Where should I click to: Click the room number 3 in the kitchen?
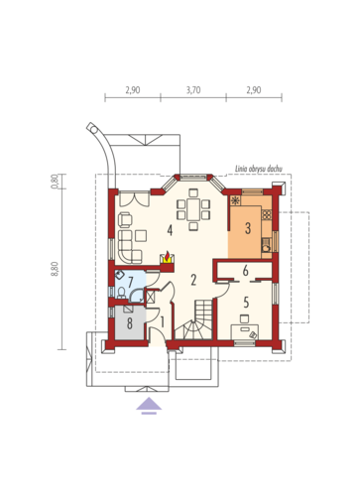(248, 228)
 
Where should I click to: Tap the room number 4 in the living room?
(170, 230)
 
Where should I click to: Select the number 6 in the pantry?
(245, 271)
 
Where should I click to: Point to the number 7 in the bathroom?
(130, 282)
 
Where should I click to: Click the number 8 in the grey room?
(130, 323)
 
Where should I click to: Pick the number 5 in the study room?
(246, 302)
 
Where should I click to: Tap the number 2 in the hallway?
(193, 280)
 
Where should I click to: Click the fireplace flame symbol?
(168, 256)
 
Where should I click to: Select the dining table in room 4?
(193, 209)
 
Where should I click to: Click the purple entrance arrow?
(149, 405)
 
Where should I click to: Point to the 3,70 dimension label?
(193, 90)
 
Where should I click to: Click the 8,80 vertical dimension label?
(56, 269)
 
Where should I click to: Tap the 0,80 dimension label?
(56, 182)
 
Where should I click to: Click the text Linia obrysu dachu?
(259, 169)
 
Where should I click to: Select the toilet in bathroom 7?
(121, 293)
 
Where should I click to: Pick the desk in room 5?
(245, 331)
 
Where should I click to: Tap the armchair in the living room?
(125, 219)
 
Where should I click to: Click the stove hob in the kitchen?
(267, 215)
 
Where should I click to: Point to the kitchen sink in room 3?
(267, 246)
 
